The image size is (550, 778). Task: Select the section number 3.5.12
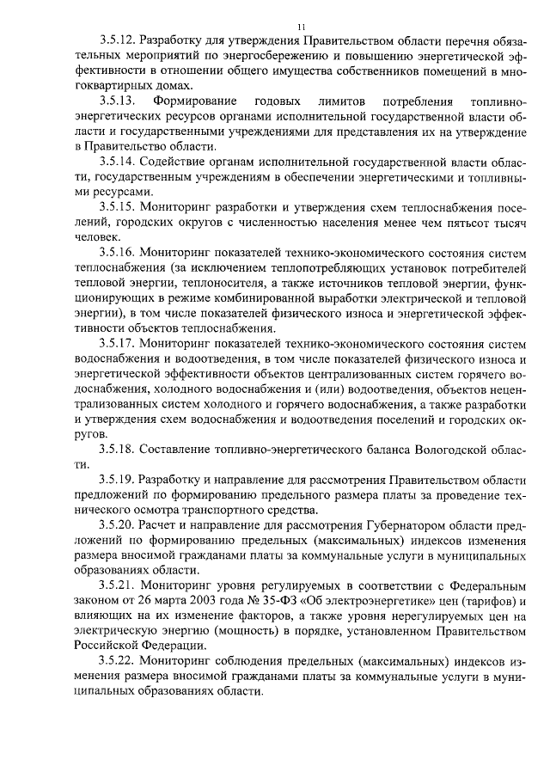116,40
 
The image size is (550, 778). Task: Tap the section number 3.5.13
116,102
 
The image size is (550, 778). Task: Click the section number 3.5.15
116,207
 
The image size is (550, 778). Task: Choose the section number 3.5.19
116,480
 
